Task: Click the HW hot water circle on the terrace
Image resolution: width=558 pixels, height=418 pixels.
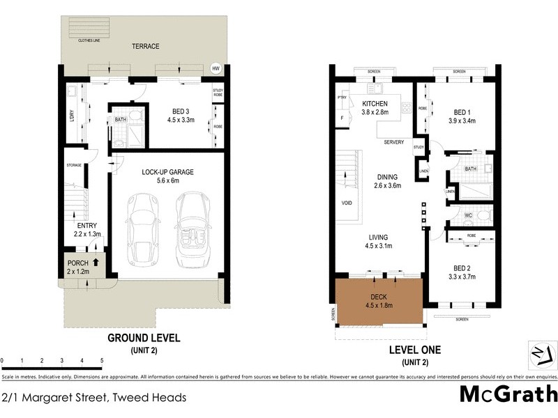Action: (216, 68)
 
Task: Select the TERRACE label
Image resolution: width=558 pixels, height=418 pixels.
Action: (146, 47)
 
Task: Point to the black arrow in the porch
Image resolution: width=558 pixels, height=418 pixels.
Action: (96, 263)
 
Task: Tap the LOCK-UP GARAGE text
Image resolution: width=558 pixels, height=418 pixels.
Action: (167, 171)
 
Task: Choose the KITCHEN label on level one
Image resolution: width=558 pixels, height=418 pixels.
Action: (374, 104)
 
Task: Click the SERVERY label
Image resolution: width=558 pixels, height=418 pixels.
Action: (394, 143)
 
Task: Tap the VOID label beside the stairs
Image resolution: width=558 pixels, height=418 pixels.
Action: (347, 204)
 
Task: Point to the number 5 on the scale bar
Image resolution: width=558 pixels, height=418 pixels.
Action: (102, 361)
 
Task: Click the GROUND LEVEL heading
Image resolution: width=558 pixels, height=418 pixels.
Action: (144, 339)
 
